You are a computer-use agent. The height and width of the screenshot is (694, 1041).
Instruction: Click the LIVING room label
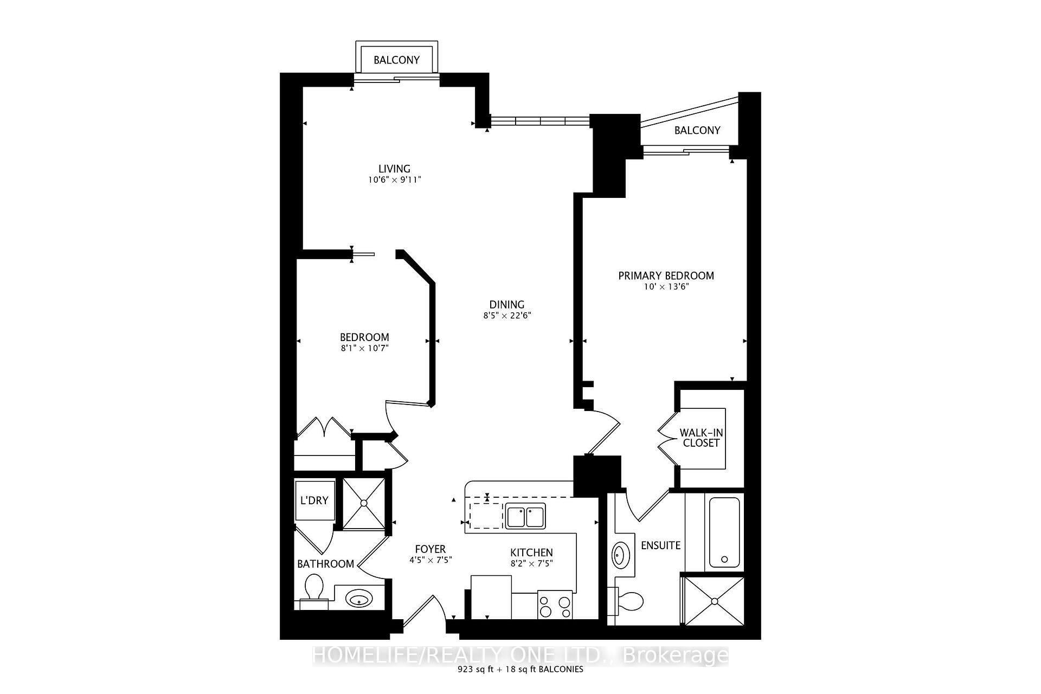tap(394, 169)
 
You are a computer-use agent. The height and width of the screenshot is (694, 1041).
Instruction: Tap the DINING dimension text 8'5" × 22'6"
tap(507, 316)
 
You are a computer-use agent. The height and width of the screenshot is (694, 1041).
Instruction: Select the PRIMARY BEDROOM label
tap(666, 275)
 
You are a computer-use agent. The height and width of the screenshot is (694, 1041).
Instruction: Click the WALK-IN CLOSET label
tap(701, 438)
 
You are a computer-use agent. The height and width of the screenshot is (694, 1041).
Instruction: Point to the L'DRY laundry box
tap(314, 500)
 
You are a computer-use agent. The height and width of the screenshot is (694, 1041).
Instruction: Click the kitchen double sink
tap(525, 516)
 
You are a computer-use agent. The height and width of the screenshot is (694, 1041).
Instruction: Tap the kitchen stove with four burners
tap(555, 605)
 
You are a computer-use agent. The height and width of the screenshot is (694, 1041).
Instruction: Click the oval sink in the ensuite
tap(619, 556)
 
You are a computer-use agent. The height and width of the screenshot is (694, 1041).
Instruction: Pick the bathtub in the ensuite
tap(724, 532)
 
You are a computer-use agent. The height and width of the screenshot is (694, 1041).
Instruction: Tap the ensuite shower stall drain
tap(715, 601)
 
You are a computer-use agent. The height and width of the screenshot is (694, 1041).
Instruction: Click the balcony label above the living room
tap(396, 60)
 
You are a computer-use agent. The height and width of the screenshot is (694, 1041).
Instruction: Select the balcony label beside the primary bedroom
tap(697, 130)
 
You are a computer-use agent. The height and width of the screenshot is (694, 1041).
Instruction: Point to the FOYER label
tap(430, 549)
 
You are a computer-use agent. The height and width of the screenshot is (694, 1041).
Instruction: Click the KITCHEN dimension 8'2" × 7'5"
tap(531, 563)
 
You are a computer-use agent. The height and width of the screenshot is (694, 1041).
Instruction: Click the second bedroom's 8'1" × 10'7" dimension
tap(364, 348)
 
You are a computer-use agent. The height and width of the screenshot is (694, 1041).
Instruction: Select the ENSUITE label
tap(660, 545)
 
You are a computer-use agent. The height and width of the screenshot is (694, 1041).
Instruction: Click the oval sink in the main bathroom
tap(359, 600)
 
